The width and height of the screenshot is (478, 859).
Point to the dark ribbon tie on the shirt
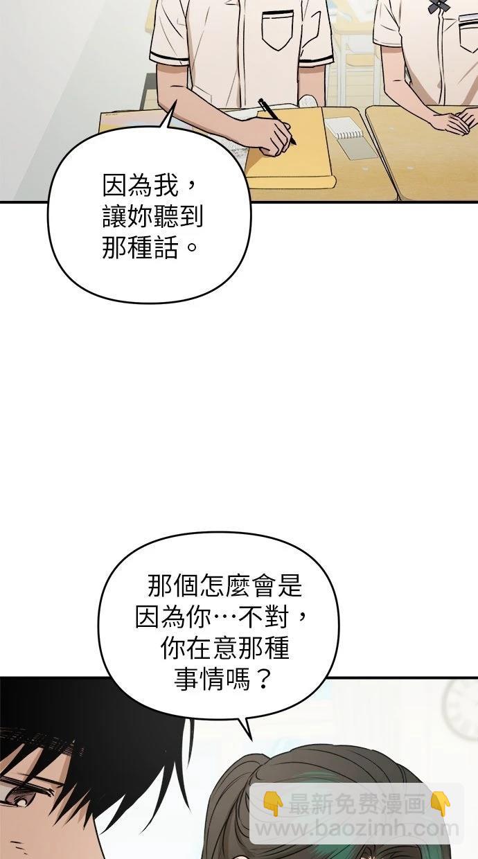tap(439, 6)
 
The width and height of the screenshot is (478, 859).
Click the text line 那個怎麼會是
tap(225, 586)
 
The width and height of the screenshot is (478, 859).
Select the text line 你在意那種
tap(225, 648)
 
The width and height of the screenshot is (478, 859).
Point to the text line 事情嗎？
tap(222, 680)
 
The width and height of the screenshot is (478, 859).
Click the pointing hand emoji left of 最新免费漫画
tap(273, 804)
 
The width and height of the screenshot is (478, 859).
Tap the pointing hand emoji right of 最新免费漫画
tap(440, 804)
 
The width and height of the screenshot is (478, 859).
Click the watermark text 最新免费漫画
tap(356, 804)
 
